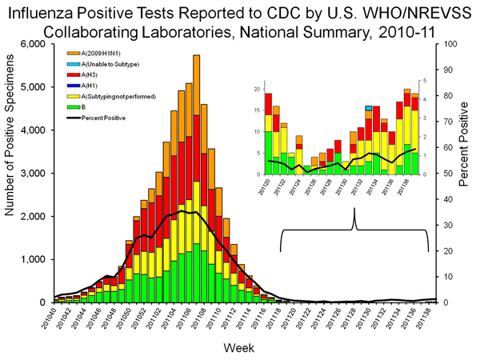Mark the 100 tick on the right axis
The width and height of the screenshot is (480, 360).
(446, 44)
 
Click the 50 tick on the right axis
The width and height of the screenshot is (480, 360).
(444, 174)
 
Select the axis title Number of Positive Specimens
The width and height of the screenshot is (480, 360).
(14, 173)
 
